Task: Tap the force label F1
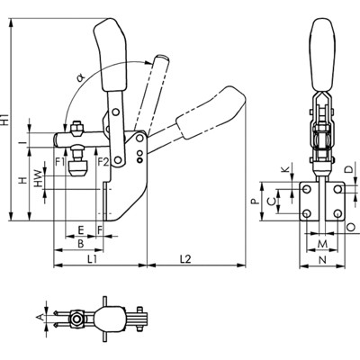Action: pos(60,162)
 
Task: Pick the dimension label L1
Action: pos(93,258)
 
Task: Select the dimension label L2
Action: pos(185,258)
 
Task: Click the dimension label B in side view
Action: pos(80,243)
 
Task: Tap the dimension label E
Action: pos(80,229)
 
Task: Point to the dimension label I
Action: pos(31,141)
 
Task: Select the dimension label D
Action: pos(348,169)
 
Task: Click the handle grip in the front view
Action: pos(320,53)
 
